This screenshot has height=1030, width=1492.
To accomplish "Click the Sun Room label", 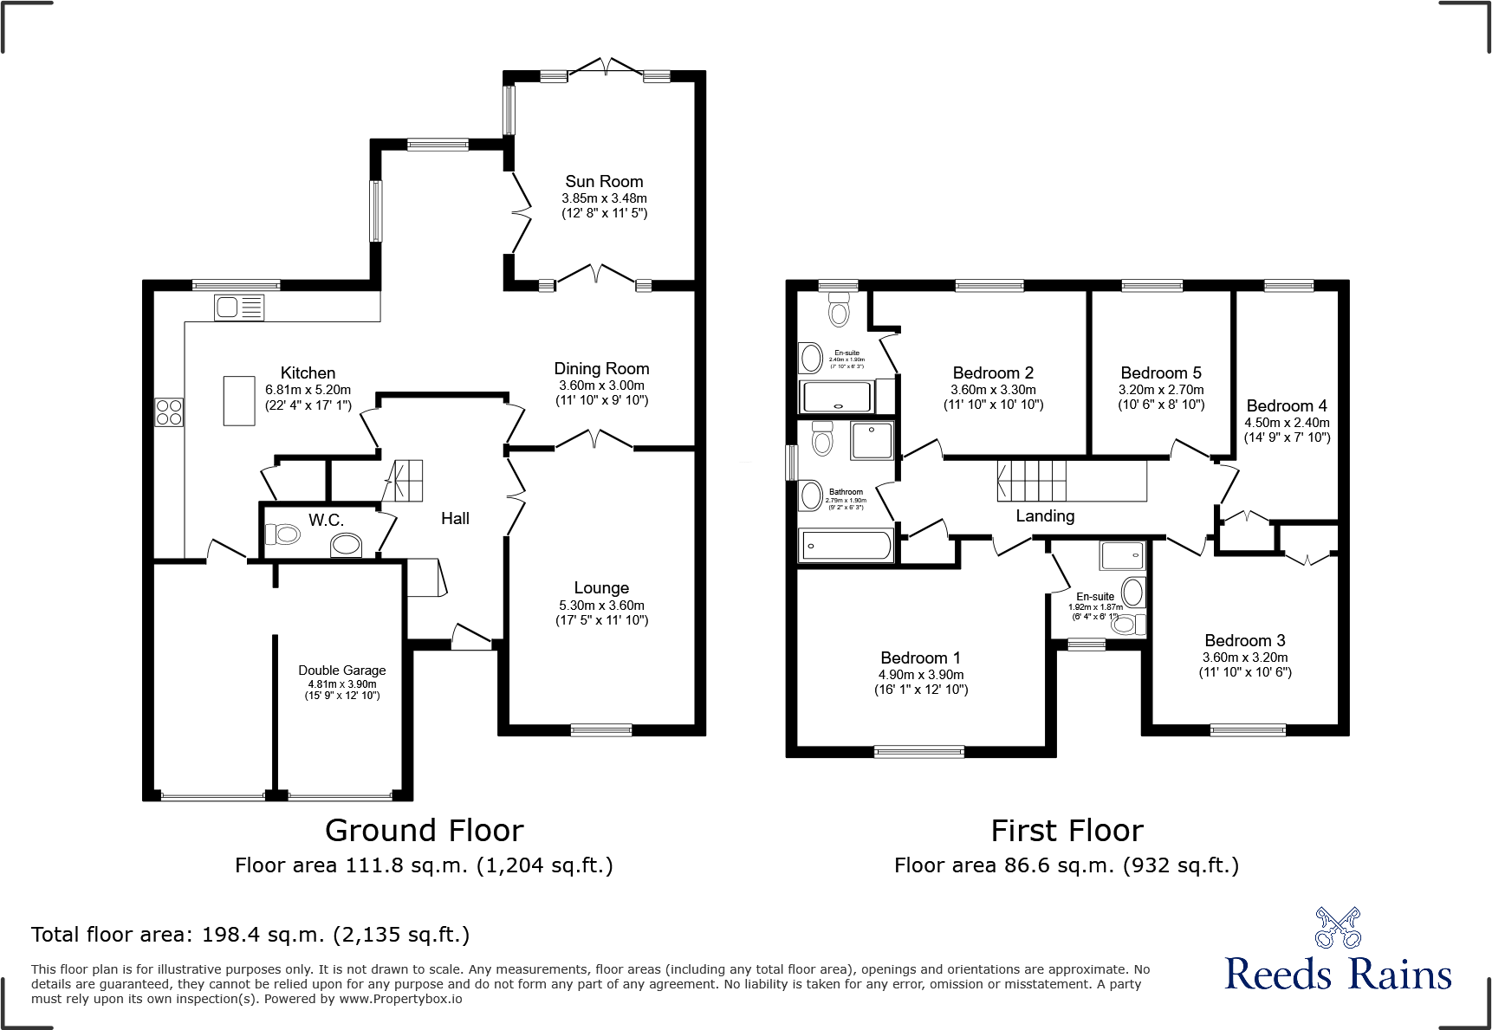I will [604, 182].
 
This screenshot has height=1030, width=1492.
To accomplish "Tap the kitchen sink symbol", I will [239, 308].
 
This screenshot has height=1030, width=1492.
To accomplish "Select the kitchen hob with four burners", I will [170, 411].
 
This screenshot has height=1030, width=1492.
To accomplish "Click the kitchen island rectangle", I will [239, 400].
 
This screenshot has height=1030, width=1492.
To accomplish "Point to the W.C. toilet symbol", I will [282, 534].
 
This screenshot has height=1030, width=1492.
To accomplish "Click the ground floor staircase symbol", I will [404, 481].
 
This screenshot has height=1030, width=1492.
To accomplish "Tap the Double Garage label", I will [341, 670].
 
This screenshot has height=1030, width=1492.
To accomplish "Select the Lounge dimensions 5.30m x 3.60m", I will [601, 606].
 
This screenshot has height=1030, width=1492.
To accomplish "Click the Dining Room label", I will [601, 369].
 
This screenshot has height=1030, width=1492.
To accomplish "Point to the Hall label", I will [455, 519].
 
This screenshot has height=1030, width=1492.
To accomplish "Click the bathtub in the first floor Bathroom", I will [846, 546].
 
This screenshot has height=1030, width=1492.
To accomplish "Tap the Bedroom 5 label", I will [1160, 373].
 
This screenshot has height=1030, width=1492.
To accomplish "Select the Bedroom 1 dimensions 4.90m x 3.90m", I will [921, 675].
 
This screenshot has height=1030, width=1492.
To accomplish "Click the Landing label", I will [1045, 516].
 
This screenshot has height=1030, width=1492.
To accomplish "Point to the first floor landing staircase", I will [1031, 481].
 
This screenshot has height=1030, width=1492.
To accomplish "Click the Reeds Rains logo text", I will [1338, 974].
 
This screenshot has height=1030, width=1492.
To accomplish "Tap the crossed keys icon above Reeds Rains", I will [1338, 928].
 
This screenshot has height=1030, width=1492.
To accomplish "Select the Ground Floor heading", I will [424, 831].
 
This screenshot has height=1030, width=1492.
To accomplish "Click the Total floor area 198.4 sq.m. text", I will [250, 935].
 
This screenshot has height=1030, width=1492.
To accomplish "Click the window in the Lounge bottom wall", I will [601, 729].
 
